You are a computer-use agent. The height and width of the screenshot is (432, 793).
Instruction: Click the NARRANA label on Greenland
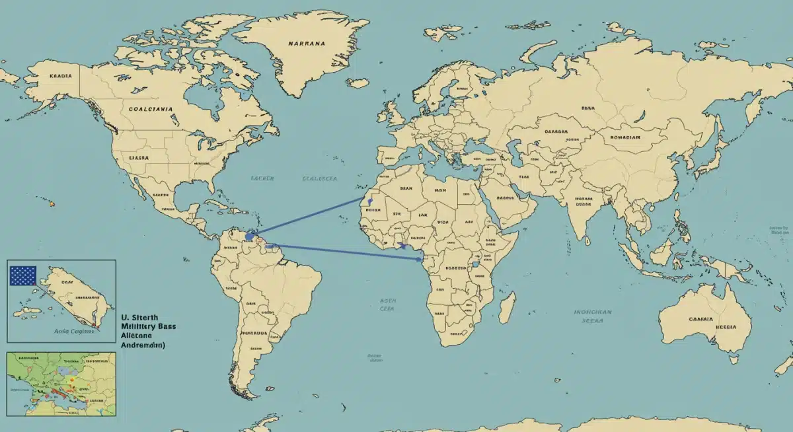point(307,44)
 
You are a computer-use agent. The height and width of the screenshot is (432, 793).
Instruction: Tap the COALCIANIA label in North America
point(151,109)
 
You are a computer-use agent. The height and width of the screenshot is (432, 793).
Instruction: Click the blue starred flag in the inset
point(22,275)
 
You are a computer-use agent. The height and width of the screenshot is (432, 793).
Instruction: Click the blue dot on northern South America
point(248,236)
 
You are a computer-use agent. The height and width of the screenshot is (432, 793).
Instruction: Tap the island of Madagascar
point(507,308)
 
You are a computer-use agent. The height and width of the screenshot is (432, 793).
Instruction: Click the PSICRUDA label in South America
point(254,334)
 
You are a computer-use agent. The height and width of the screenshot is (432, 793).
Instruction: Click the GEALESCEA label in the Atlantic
point(320,179)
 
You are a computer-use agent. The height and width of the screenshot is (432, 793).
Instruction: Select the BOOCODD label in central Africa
point(456,268)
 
